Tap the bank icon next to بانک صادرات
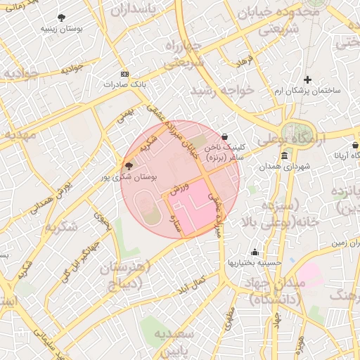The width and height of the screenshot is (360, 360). tap(125, 73)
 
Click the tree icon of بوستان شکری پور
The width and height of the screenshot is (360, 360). tap(128, 165)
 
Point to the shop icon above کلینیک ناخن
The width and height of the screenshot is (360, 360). tap(224, 137)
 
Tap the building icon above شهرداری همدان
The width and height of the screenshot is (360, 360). tap(284, 155)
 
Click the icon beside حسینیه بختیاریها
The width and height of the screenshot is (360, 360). tap(255, 252)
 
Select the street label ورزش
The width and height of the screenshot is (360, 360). tap(180, 191)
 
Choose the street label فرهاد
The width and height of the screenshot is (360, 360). tap(244, 61)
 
